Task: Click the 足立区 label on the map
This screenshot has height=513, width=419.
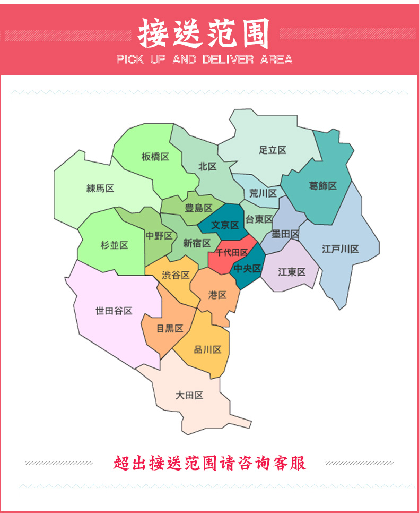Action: pos(273,150)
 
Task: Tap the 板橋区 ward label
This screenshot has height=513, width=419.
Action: pos(155,157)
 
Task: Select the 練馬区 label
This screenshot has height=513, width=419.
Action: pos(100,189)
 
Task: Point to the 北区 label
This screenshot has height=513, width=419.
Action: pos(207,167)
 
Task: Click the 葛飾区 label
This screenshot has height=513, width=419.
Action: pos(323,186)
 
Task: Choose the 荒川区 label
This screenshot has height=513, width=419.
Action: pos(263,193)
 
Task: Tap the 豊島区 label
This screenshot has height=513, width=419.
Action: pos(198,208)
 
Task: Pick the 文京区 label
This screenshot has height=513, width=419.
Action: pos(225,225)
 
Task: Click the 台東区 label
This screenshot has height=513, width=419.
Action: pos(259,219)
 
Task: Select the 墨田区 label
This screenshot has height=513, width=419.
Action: pos(285,234)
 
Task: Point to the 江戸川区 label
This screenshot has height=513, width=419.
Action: pos(341,249)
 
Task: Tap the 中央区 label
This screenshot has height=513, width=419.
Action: pos(248,269)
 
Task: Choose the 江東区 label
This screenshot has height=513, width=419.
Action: pos(292,272)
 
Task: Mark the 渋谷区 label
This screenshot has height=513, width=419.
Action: pos(176,275)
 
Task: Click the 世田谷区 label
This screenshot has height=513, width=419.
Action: pos(114,311)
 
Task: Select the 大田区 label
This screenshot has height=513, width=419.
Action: pos(189,396)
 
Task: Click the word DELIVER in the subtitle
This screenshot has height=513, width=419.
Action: pos(229,59)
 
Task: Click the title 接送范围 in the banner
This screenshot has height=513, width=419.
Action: pos(204,33)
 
